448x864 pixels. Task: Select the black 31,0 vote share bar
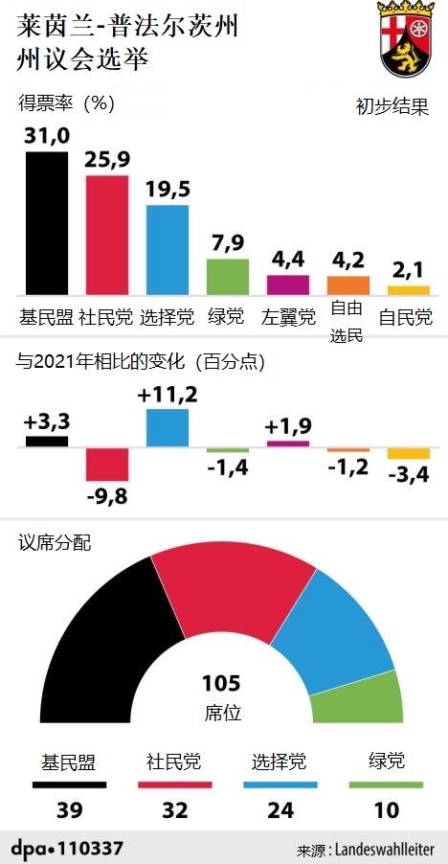point(47,222)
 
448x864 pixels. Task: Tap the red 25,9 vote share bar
point(107,235)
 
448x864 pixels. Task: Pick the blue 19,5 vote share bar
point(168,250)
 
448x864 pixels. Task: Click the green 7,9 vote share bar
point(228,276)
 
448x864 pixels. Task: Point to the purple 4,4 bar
point(288,284)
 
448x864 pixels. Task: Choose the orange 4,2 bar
point(348,284)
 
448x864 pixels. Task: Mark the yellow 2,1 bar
point(409,289)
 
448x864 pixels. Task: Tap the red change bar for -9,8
point(107,465)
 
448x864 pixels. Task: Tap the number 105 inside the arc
point(221,684)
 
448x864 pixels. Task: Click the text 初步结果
point(390,108)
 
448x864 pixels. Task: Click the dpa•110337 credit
point(67,848)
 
